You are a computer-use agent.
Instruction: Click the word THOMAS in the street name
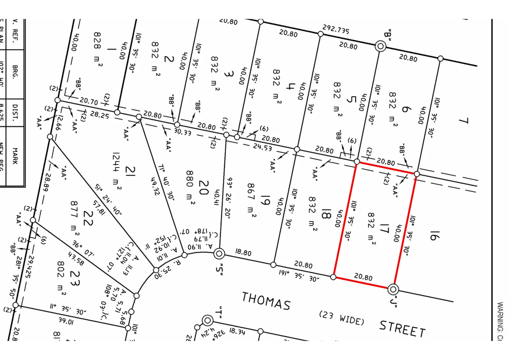tap(266, 301)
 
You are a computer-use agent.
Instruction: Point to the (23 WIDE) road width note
tap(341, 318)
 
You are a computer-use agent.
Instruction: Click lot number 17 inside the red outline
tap(385, 229)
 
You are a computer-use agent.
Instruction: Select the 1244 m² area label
tap(116, 171)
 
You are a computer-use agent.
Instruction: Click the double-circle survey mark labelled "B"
tap(380, 46)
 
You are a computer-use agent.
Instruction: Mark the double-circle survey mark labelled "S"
tap(219, 254)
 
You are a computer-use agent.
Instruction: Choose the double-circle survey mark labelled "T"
tap(208, 321)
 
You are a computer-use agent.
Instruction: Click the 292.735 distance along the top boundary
tap(336, 30)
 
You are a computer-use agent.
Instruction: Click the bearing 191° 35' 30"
tap(299, 276)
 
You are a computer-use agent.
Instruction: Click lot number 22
tap(87, 218)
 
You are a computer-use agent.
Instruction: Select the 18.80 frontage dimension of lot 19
tap(243, 252)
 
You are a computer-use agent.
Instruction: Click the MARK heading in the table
tap(15, 156)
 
